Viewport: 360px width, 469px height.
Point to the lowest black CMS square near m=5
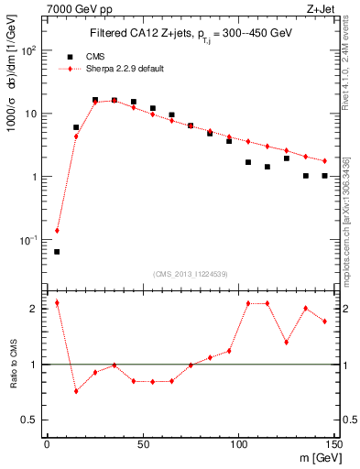pyautogui.click(x=57, y=251)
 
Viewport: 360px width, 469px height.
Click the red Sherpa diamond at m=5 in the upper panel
pyautogui.click(x=57, y=231)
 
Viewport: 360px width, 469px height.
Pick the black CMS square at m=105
pyautogui.click(x=248, y=162)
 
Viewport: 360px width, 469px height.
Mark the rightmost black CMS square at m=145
pyautogui.click(x=324, y=176)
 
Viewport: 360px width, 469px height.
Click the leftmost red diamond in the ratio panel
pyautogui.click(x=57, y=302)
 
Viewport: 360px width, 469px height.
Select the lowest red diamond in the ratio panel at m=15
pyautogui.click(x=76, y=391)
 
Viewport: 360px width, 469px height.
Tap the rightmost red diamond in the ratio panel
pyautogui.click(x=324, y=321)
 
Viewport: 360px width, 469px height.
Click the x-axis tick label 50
pyautogui.click(x=142, y=444)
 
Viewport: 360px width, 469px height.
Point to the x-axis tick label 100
pyautogui.click(x=238, y=444)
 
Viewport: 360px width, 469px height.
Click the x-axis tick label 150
pyautogui.click(x=333, y=444)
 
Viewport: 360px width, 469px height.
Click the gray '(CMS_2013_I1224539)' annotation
pyautogui.click(x=191, y=273)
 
